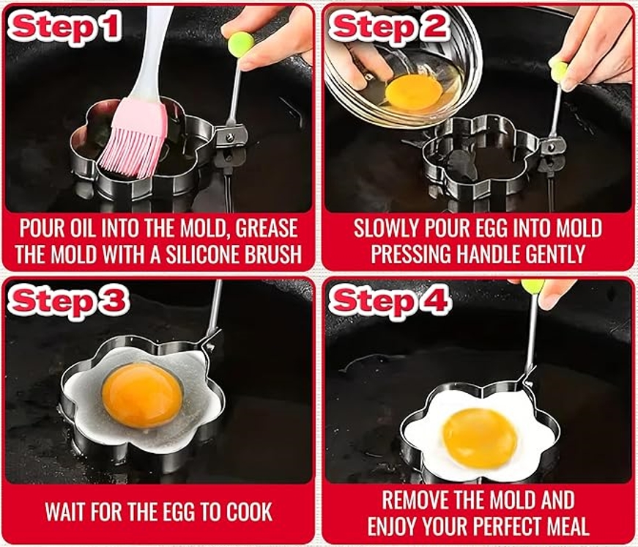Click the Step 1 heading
66,27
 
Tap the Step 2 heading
390,27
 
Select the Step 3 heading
68,301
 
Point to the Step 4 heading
390,301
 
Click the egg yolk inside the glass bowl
413,91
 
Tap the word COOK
248,512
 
